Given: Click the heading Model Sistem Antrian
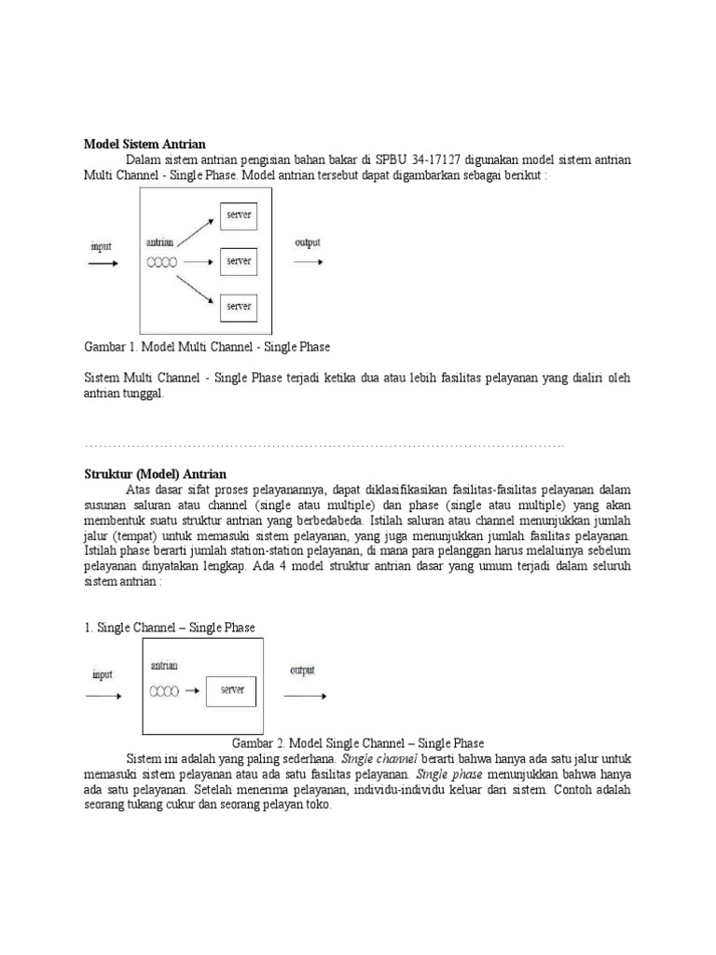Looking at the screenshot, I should coord(145,145).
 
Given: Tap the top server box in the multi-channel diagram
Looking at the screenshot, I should coord(239,215).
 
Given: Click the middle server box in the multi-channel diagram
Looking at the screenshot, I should coord(239,261).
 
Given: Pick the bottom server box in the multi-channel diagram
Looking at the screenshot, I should coord(239,306).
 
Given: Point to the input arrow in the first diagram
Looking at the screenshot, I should coord(103,264).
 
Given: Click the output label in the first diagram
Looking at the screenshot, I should coord(308,243).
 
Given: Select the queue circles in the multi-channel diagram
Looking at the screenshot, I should coord(162,263).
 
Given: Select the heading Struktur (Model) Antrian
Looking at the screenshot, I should coord(156,474).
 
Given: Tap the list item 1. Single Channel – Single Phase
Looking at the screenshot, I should coord(170,627).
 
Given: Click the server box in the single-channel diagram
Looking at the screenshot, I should coord(232,691).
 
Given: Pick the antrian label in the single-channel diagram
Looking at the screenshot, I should coord(163,666).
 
